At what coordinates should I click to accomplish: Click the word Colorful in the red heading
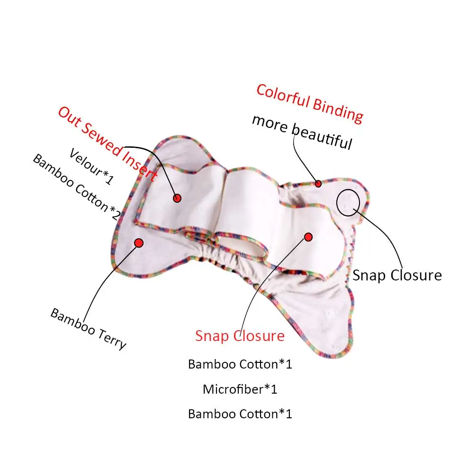click(x=282, y=96)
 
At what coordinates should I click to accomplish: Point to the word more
click(x=269, y=122)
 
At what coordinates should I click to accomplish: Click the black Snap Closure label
click(x=397, y=275)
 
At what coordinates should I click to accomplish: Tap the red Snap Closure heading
click(x=240, y=336)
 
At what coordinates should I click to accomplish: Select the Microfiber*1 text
click(x=240, y=389)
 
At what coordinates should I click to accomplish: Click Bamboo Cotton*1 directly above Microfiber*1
click(x=240, y=364)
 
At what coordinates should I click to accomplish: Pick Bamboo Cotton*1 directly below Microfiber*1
click(x=240, y=414)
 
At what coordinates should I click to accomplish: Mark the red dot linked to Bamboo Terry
click(x=139, y=243)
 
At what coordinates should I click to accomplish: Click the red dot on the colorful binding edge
click(x=318, y=184)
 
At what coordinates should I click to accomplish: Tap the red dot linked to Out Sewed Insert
click(x=177, y=198)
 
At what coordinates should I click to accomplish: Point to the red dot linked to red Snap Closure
click(x=308, y=236)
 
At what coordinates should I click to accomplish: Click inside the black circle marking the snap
click(x=348, y=203)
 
